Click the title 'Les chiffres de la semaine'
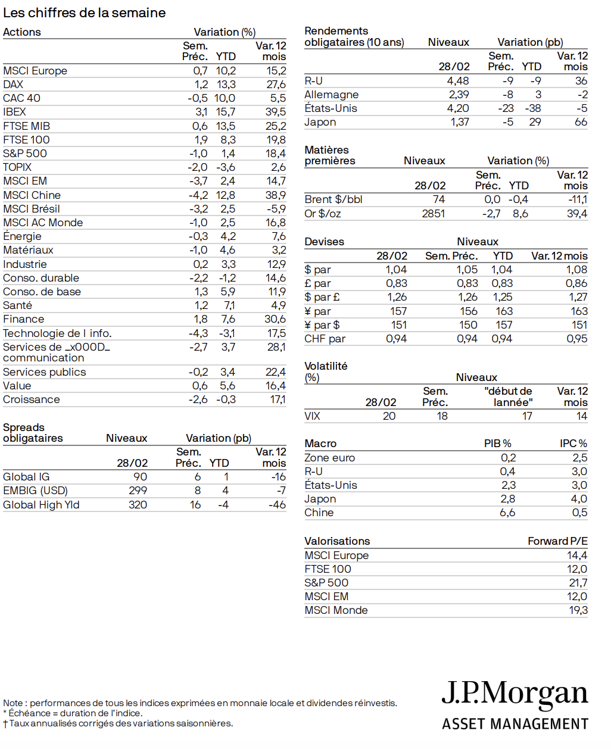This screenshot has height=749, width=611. click(84, 13)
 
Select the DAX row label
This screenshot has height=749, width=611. click(13, 85)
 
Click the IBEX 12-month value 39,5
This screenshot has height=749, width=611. click(276, 112)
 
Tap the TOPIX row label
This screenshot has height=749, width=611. click(17, 167)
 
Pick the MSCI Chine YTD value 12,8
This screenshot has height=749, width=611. click(226, 195)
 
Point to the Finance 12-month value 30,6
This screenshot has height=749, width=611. click(275, 319)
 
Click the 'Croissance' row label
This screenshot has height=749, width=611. click(31, 400)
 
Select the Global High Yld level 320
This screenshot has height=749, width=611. click(138, 505)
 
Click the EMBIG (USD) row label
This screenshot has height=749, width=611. click(35, 491)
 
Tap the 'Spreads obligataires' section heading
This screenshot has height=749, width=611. click(33, 433)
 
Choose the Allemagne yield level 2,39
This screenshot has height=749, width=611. click(459, 95)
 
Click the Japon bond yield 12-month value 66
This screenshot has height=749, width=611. click(581, 122)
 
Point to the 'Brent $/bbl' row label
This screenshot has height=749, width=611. click(333, 199)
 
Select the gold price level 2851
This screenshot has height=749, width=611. click(433, 214)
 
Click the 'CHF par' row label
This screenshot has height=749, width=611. click(325, 339)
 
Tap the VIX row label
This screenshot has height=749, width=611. click(312, 416)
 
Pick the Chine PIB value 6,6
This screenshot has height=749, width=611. click(507, 513)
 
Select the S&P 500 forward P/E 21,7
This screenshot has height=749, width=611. click(578, 583)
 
